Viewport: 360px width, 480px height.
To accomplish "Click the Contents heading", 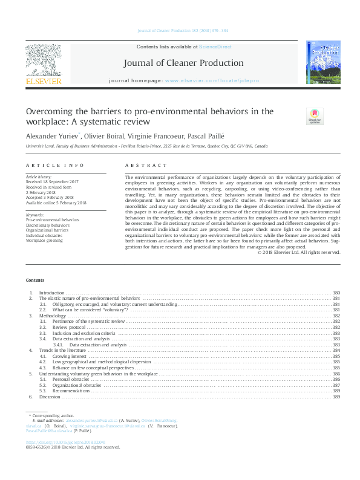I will click(x=35, y=281).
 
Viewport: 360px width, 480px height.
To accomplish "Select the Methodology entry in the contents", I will click(x=53, y=316).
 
